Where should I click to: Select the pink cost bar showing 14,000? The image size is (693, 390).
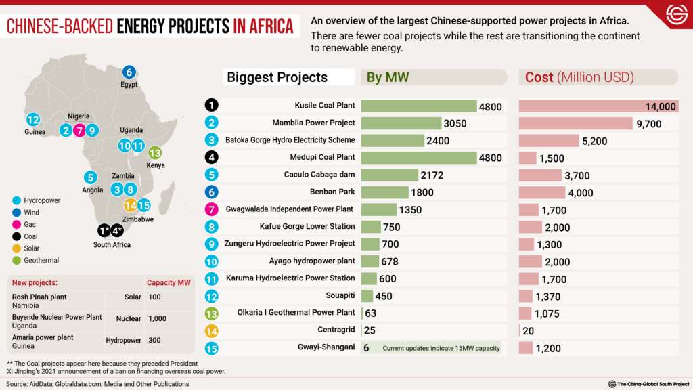[x=598, y=106]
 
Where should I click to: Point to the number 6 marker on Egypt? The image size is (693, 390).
[x=129, y=72]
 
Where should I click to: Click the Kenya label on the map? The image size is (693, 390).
[x=155, y=165]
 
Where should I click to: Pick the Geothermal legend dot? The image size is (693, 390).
[x=16, y=261]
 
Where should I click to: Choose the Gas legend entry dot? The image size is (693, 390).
[x=16, y=225]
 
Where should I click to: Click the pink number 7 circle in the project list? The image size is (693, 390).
[x=212, y=210]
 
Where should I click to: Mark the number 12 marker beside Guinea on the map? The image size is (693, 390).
[x=33, y=120]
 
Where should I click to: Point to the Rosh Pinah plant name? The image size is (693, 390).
[x=40, y=297]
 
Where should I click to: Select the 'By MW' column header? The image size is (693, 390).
[x=388, y=77]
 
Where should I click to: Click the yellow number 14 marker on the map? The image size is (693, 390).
[x=131, y=206]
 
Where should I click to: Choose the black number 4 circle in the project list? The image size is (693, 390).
[x=212, y=158]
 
